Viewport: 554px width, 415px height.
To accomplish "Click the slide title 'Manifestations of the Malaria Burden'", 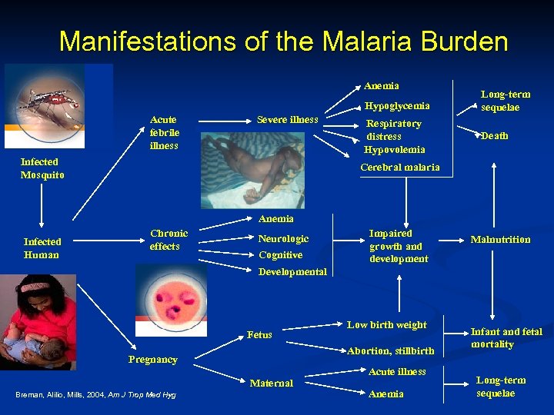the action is click(x=283, y=41).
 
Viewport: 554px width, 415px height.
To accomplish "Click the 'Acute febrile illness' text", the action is click(x=164, y=132).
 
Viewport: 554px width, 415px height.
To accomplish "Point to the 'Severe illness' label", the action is click(x=287, y=120).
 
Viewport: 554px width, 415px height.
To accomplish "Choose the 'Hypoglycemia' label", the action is click(x=397, y=105).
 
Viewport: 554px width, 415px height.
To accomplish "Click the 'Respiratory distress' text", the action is click(x=393, y=130).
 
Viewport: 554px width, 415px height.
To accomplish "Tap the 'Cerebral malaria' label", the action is click(x=400, y=167).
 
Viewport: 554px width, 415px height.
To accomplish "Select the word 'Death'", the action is click(x=494, y=136).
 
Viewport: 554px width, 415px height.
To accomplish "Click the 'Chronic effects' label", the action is click(x=169, y=240).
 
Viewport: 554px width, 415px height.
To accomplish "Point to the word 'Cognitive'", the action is click(x=280, y=255).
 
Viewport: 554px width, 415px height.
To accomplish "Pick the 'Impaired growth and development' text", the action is click(x=399, y=246).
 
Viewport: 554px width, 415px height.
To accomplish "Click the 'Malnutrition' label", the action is click(x=500, y=240).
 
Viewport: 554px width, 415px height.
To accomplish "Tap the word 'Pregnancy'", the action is click(x=152, y=360).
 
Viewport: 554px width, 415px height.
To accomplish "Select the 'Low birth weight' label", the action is click(x=386, y=325).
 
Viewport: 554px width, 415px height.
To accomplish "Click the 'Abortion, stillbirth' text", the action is click(x=391, y=351).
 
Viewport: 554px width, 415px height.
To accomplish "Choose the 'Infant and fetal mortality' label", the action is click(x=506, y=338).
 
